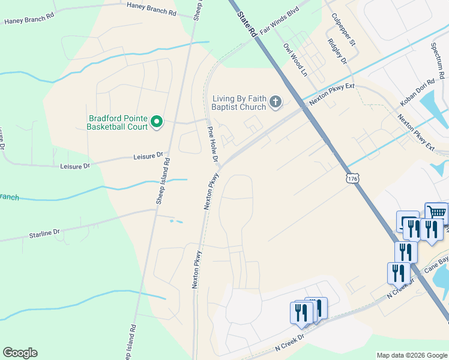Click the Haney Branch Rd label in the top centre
pos(151,8)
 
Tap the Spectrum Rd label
pos(438,59)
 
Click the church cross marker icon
pos(276,102)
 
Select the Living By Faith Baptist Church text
pos(238,103)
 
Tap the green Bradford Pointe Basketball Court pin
pos(157,122)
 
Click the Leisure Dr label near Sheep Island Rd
pos(148,156)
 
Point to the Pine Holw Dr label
pos(212,145)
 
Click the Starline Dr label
pos(45,232)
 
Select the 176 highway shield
pos(352,178)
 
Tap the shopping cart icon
pos(436,212)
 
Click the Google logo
pos(20,353)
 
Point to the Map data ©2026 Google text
pos(412,355)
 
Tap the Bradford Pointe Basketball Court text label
pos(117,122)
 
